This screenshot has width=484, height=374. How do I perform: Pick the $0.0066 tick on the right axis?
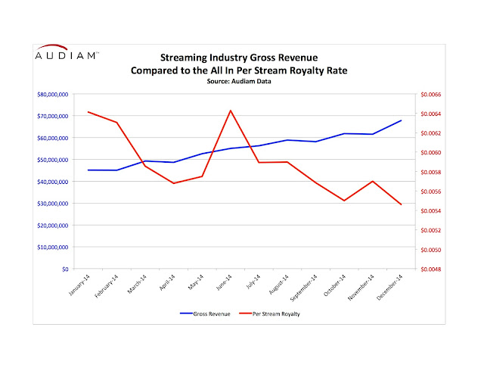coord(429,95)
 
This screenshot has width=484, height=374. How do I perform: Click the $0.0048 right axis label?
coord(429,269)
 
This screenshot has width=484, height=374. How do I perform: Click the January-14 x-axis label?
coord(79,286)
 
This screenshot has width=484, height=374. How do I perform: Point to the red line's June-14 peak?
coord(230,111)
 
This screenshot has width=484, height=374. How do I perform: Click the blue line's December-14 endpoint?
coord(401,120)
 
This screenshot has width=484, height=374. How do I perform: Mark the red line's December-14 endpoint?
coord(401,205)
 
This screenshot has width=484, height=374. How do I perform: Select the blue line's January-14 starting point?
coord(88,170)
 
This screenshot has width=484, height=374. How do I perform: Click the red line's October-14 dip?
coord(344,201)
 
